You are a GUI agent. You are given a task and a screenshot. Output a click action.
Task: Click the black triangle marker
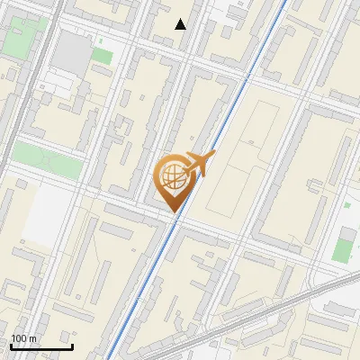[x=181, y=24]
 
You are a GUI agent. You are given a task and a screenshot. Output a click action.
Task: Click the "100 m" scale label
[x=23, y=338]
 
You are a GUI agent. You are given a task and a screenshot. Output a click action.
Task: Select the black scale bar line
[x=41, y=346]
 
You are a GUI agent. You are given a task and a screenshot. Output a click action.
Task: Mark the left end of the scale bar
[x=11, y=346]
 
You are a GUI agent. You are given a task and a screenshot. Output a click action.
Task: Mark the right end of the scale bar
[x=72, y=346]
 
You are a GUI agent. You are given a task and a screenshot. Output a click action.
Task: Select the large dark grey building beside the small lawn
[x=70, y=54]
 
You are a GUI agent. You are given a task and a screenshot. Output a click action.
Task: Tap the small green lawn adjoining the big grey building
[x=101, y=56]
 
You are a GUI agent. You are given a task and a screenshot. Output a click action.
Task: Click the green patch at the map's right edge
[x=342, y=245]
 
